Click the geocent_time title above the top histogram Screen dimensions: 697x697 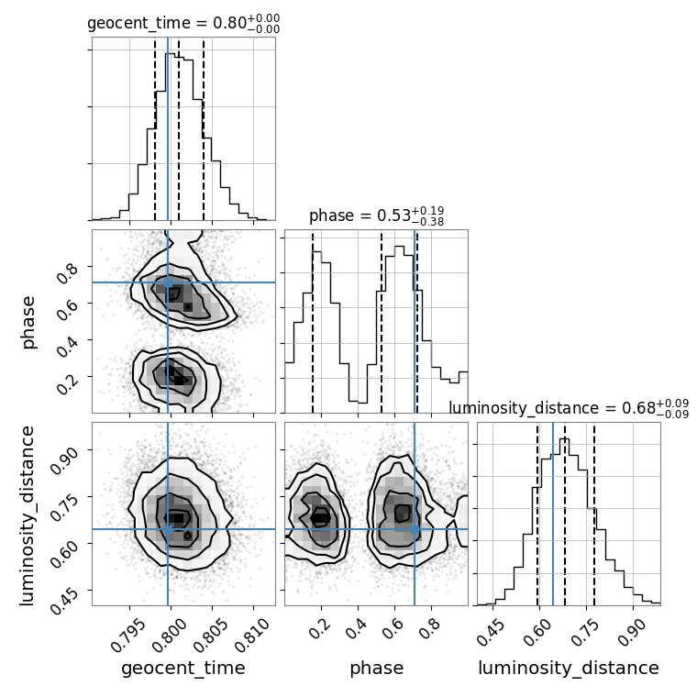(x=183, y=24)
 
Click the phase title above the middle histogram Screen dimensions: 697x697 (x=376, y=216)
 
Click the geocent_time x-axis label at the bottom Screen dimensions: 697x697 (x=183, y=669)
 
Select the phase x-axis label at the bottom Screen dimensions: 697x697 (x=376, y=669)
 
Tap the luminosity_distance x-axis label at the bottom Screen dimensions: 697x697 (x=569, y=669)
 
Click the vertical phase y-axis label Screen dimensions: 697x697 (x=28, y=321)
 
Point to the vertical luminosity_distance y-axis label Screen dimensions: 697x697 (x=28, y=514)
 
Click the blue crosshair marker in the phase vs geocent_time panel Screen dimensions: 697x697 (x=168, y=282)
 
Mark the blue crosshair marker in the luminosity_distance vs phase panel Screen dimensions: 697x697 (x=415, y=529)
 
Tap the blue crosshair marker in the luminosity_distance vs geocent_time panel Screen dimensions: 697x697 (x=168, y=529)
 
